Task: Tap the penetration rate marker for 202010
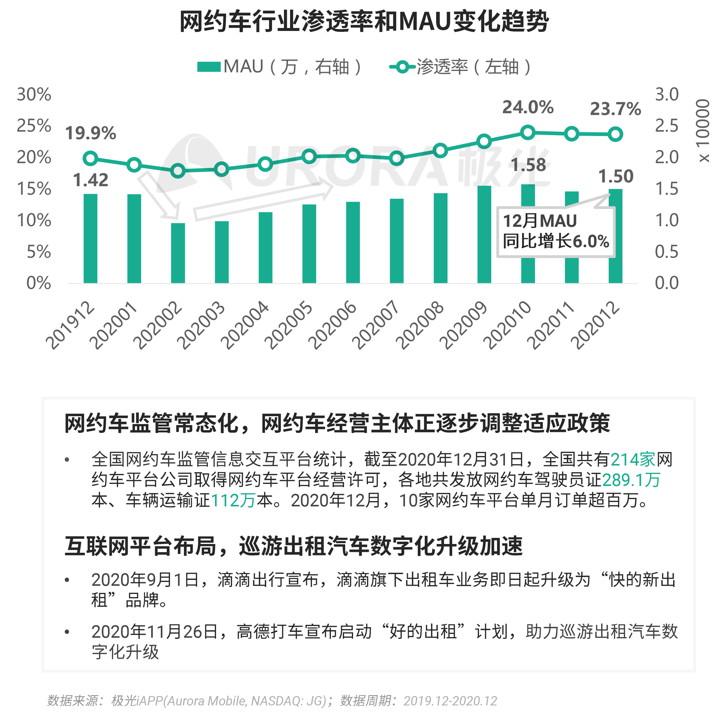[528, 133]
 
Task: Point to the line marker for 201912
[90, 158]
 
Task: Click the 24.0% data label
[528, 107]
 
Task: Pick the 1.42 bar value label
[91, 180]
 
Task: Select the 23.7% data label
[615, 109]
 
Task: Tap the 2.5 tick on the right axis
[666, 126]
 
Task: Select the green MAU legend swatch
[208, 67]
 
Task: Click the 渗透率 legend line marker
[402, 67]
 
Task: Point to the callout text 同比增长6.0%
[556, 241]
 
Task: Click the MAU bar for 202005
[309, 243]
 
